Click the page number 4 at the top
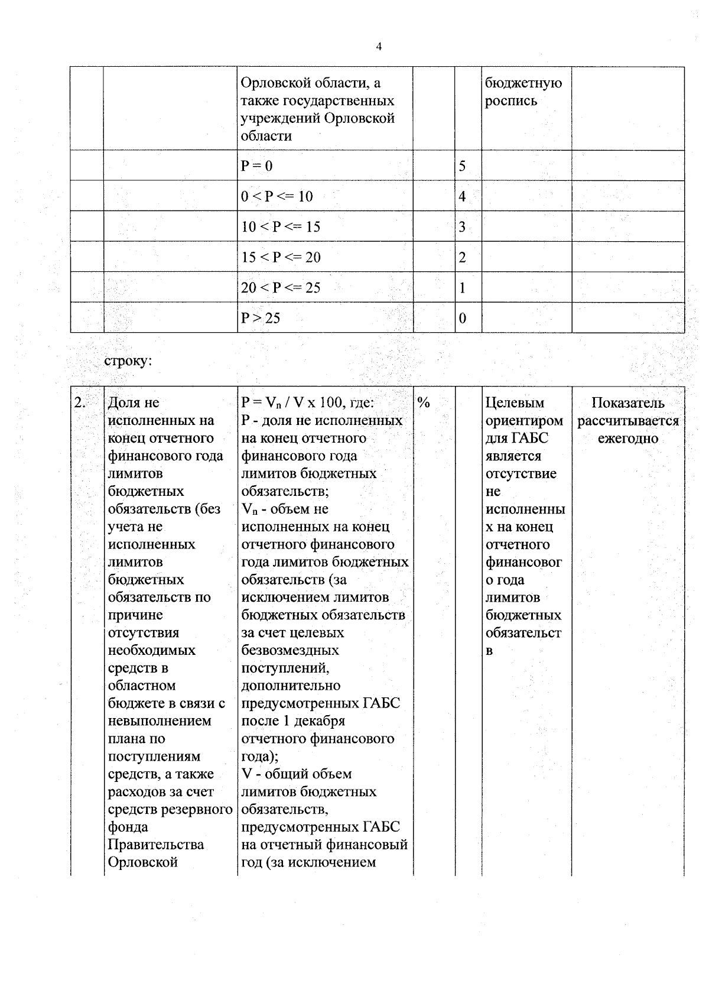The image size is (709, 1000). [x=379, y=47]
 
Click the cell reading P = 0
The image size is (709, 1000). [x=257, y=166]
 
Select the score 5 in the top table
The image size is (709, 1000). [x=462, y=166]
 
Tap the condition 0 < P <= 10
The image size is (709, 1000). [x=277, y=197]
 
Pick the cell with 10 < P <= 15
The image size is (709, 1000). [x=281, y=227]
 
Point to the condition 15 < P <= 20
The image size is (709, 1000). [x=281, y=258]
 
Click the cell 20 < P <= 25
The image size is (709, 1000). [x=281, y=288]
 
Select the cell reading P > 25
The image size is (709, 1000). [x=261, y=319]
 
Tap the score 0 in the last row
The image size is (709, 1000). [x=462, y=319]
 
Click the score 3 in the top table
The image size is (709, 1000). [x=462, y=227]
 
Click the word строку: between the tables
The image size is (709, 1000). [x=129, y=361]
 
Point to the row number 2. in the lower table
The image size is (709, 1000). [x=80, y=403]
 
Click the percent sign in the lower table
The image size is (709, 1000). [x=423, y=403]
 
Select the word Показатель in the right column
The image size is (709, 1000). [x=627, y=403]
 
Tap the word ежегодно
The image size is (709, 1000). [x=627, y=439]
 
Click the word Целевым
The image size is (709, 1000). [x=515, y=403]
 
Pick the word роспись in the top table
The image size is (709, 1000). [x=511, y=101]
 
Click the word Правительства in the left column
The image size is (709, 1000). [x=156, y=845]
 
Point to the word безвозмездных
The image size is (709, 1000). [x=290, y=651]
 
